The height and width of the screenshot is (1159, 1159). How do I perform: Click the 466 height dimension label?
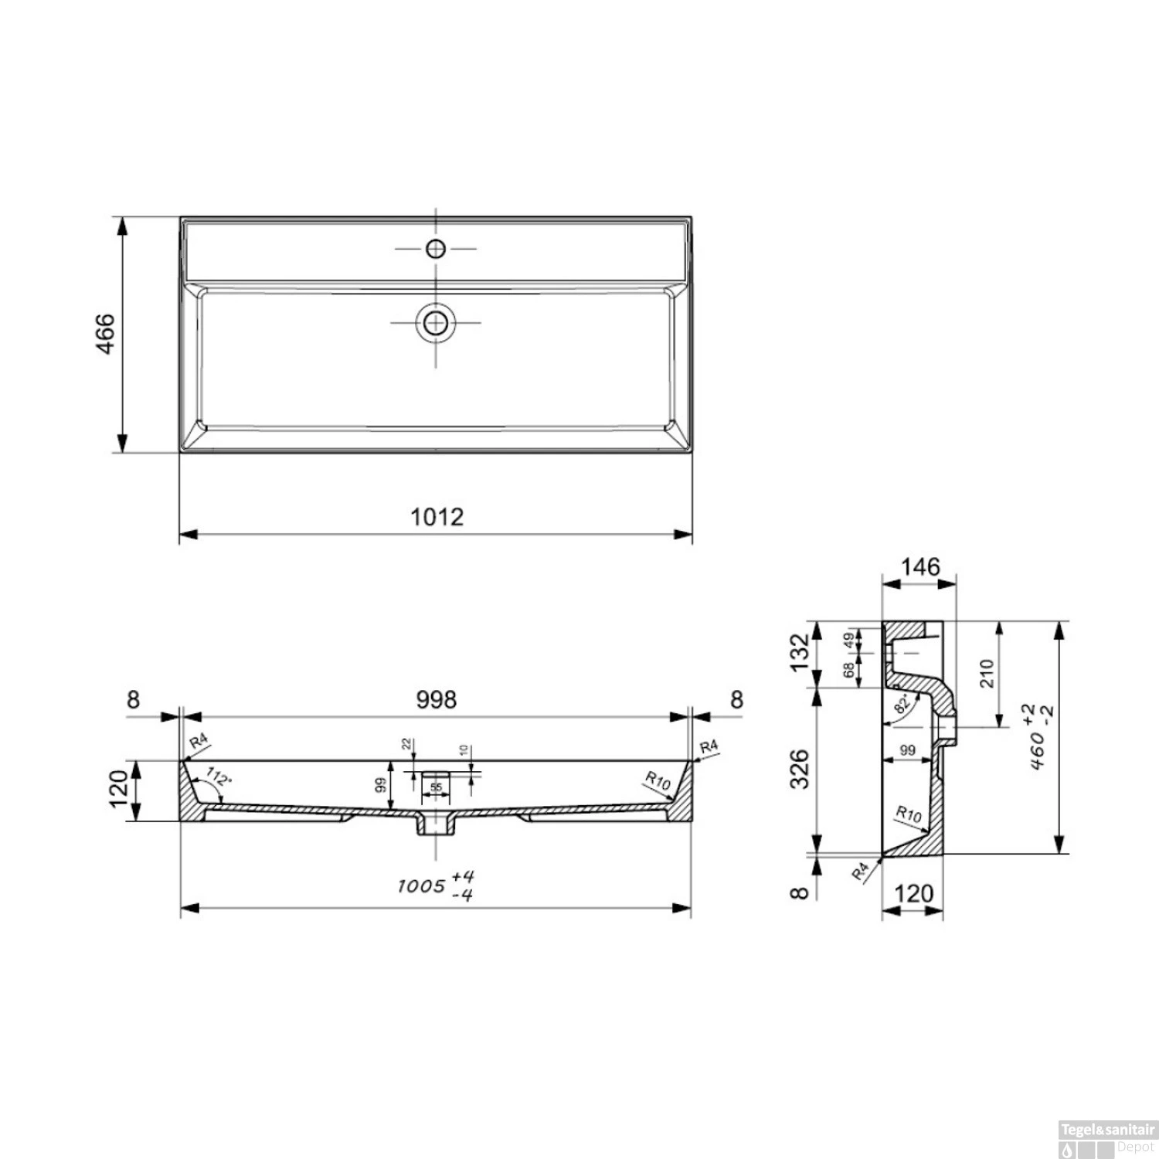(x=106, y=334)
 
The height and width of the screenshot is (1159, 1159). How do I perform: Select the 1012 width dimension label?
(x=437, y=516)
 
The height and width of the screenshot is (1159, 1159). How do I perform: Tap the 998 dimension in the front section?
(x=437, y=699)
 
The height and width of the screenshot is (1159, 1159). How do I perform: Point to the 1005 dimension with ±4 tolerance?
(x=436, y=885)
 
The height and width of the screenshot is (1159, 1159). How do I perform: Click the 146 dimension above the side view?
(x=921, y=567)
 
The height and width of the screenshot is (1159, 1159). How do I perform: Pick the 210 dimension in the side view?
(x=985, y=675)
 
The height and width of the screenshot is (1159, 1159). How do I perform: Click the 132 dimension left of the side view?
(x=800, y=653)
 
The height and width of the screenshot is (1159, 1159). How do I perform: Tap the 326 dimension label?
(x=800, y=770)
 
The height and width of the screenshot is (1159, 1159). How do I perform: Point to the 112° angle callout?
(x=218, y=777)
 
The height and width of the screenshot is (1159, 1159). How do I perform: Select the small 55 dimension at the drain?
(x=437, y=787)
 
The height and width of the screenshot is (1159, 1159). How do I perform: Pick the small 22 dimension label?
(x=406, y=743)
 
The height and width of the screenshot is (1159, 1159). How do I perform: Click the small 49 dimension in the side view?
(x=850, y=640)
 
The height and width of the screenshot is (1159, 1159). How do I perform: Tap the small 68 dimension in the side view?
(x=850, y=670)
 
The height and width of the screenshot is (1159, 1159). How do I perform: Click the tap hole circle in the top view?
(x=436, y=249)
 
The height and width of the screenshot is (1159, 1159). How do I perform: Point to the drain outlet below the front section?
(x=437, y=826)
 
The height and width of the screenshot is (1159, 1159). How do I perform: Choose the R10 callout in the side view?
(x=909, y=814)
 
